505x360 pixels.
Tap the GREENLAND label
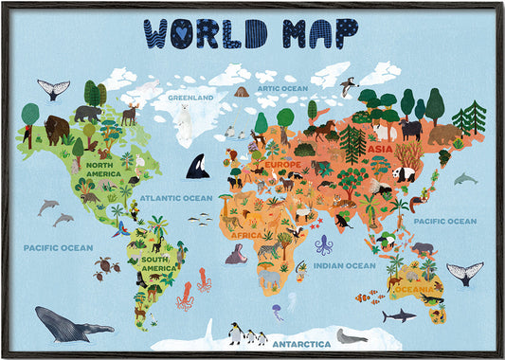[189, 97]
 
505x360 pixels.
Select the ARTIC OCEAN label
[282, 88]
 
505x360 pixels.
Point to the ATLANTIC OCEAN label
[177, 198]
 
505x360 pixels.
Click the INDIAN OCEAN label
[344, 266]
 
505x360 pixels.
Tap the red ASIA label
[380, 149]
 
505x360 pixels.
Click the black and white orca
[198, 167]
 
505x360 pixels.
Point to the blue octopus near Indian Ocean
[324, 244]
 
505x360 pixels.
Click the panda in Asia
[405, 174]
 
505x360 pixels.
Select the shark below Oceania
[398, 315]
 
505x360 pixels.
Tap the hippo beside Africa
[237, 253]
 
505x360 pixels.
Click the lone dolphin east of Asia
[464, 178]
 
